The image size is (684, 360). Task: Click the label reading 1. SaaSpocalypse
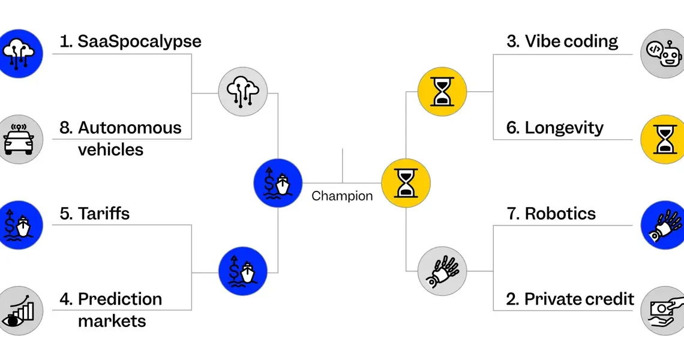[x=130, y=41]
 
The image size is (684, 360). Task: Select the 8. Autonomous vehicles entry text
[x=121, y=139]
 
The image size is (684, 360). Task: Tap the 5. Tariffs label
[x=95, y=214]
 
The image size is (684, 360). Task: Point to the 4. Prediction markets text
[x=111, y=310]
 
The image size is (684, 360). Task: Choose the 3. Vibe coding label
[x=562, y=41]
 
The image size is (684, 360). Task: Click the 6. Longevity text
[x=555, y=128]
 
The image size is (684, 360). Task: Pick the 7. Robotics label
[x=551, y=214]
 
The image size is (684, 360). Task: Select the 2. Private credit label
[x=570, y=299]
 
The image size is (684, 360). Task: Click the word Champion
[x=342, y=196]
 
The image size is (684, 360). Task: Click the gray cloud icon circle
[x=243, y=92]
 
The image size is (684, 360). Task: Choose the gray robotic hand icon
[x=442, y=271]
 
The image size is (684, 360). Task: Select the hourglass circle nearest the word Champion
[x=406, y=183]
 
